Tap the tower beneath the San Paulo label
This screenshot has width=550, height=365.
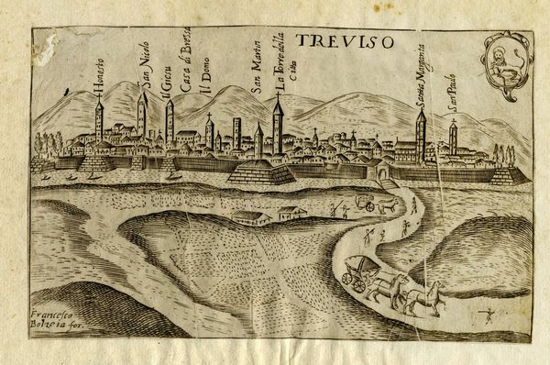pyautogui.click(x=453, y=140)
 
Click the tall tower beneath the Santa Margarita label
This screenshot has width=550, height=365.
pyautogui.click(x=421, y=136)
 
